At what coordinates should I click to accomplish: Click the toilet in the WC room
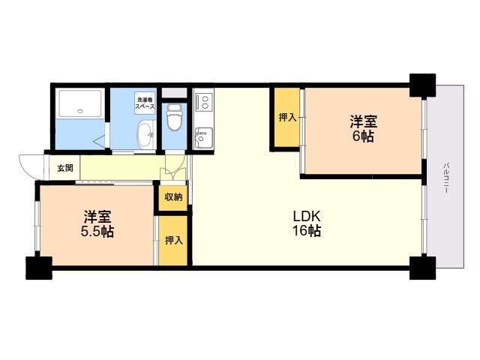[x=174, y=118]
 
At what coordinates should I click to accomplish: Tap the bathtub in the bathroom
[x=80, y=103]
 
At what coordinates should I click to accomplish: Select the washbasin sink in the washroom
[x=146, y=135]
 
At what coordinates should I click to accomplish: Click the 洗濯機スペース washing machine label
[x=145, y=103]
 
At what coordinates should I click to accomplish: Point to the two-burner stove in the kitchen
[x=204, y=102]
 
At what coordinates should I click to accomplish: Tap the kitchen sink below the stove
[x=204, y=138]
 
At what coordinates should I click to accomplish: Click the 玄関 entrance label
[x=65, y=168]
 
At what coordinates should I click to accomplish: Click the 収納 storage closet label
[x=173, y=197]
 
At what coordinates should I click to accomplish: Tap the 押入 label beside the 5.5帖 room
[x=174, y=241]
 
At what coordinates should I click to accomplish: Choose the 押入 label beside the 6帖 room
[x=287, y=117]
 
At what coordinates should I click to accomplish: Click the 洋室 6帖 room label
[x=364, y=128]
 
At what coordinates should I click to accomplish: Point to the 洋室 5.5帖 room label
[x=97, y=224]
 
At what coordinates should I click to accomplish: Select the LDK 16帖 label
[x=307, y=223]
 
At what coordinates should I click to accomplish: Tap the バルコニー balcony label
[x=446, y=178]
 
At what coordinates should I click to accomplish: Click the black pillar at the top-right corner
[x=423, y=85]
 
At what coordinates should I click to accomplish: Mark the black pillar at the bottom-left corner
[x=39, y=268]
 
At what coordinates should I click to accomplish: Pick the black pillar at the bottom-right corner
[x=423, y=268]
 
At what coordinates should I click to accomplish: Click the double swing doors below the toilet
[x=173, y=168]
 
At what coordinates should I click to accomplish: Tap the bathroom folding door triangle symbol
[x=100, y=142]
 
